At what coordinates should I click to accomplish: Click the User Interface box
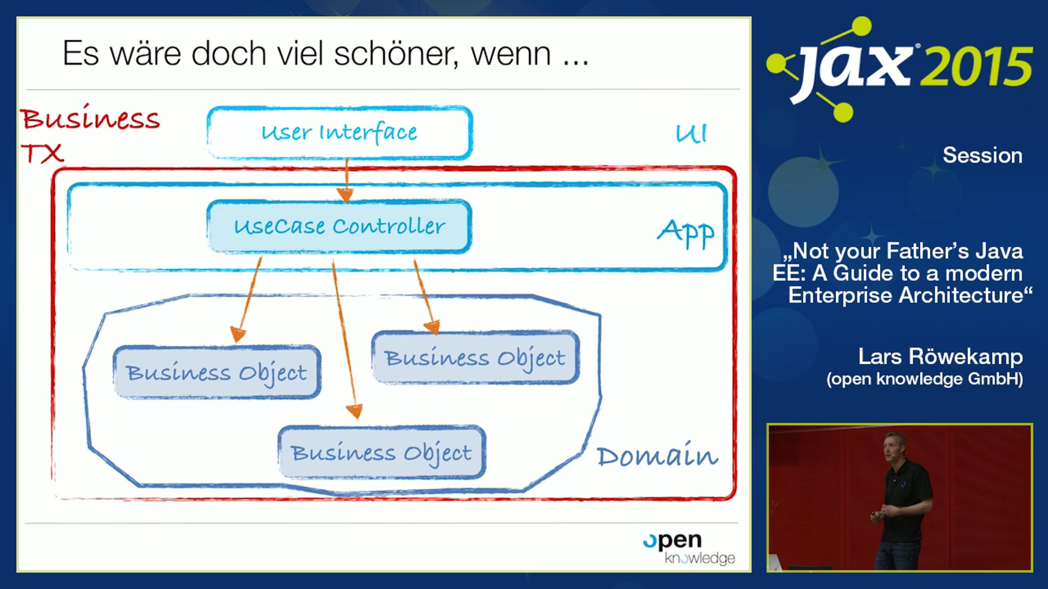(340, 133)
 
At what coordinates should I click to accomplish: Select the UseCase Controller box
(340, 226)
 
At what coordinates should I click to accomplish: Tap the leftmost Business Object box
(217, 372)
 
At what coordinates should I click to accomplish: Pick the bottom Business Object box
(382, 452)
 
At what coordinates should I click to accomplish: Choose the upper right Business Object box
(476, 358)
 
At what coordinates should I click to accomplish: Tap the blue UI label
(691, 133)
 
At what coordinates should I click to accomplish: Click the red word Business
(91, 118)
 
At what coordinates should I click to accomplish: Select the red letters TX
(42, 154)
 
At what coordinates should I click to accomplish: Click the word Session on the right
(982, 155)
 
